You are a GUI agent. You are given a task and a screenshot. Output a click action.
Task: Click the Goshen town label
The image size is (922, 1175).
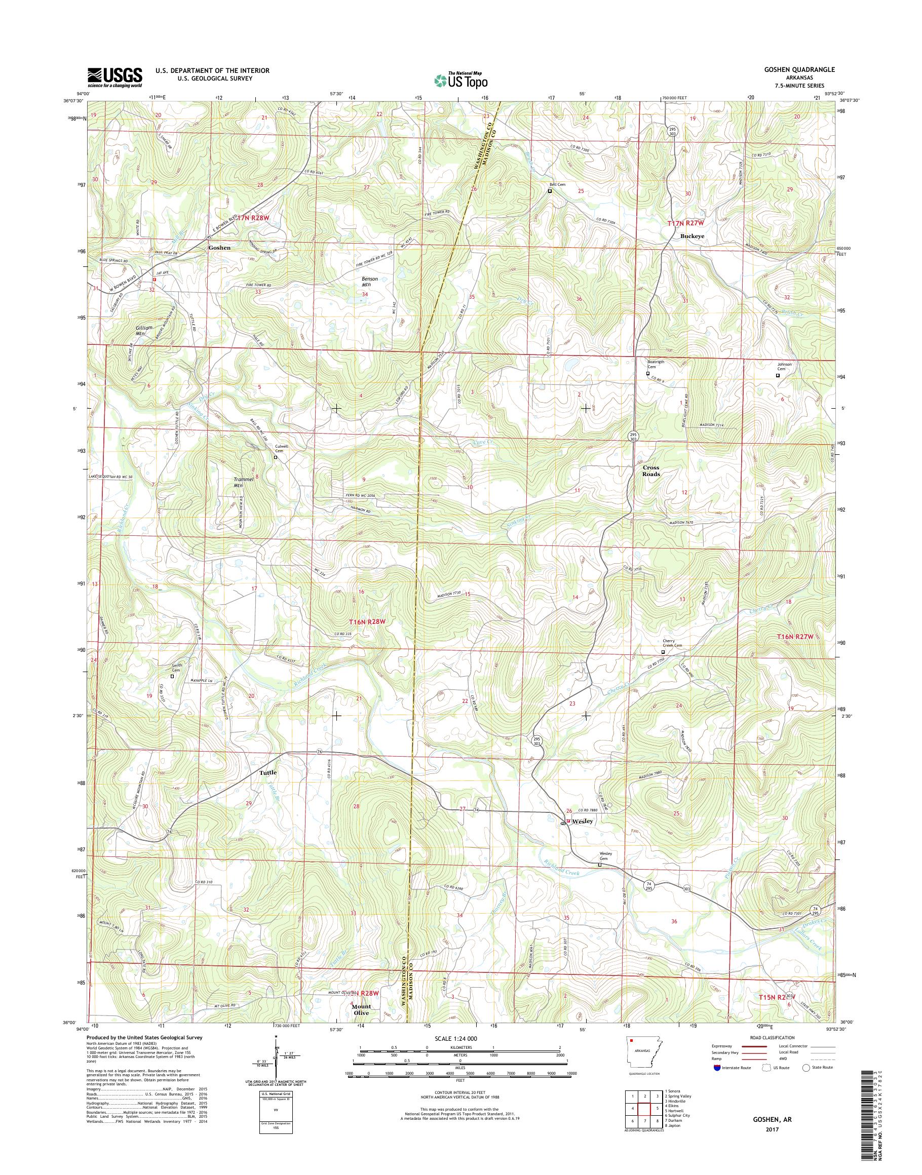coord(219,248)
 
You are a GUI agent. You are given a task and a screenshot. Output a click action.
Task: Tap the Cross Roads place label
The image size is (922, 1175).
coord(650,471)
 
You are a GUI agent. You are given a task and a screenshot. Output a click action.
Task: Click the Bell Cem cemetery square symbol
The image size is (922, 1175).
coord(550,190)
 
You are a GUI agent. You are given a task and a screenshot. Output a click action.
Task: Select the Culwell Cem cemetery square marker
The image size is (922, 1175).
coord(275,457)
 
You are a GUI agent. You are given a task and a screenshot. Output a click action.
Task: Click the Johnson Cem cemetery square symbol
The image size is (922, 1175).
coord(778,375)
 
